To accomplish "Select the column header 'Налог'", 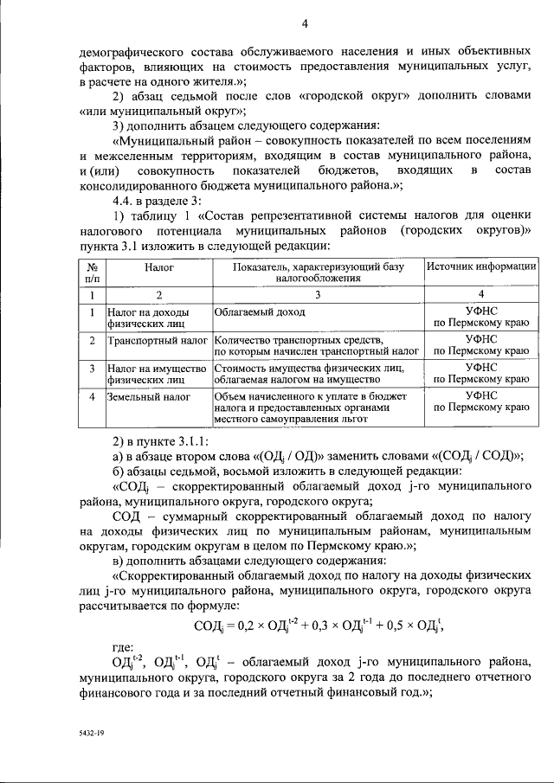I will pos(159,269).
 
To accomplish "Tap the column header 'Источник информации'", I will pos(480,269).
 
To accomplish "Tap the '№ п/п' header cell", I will pos(91,274).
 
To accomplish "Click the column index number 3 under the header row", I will pos(318,295).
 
